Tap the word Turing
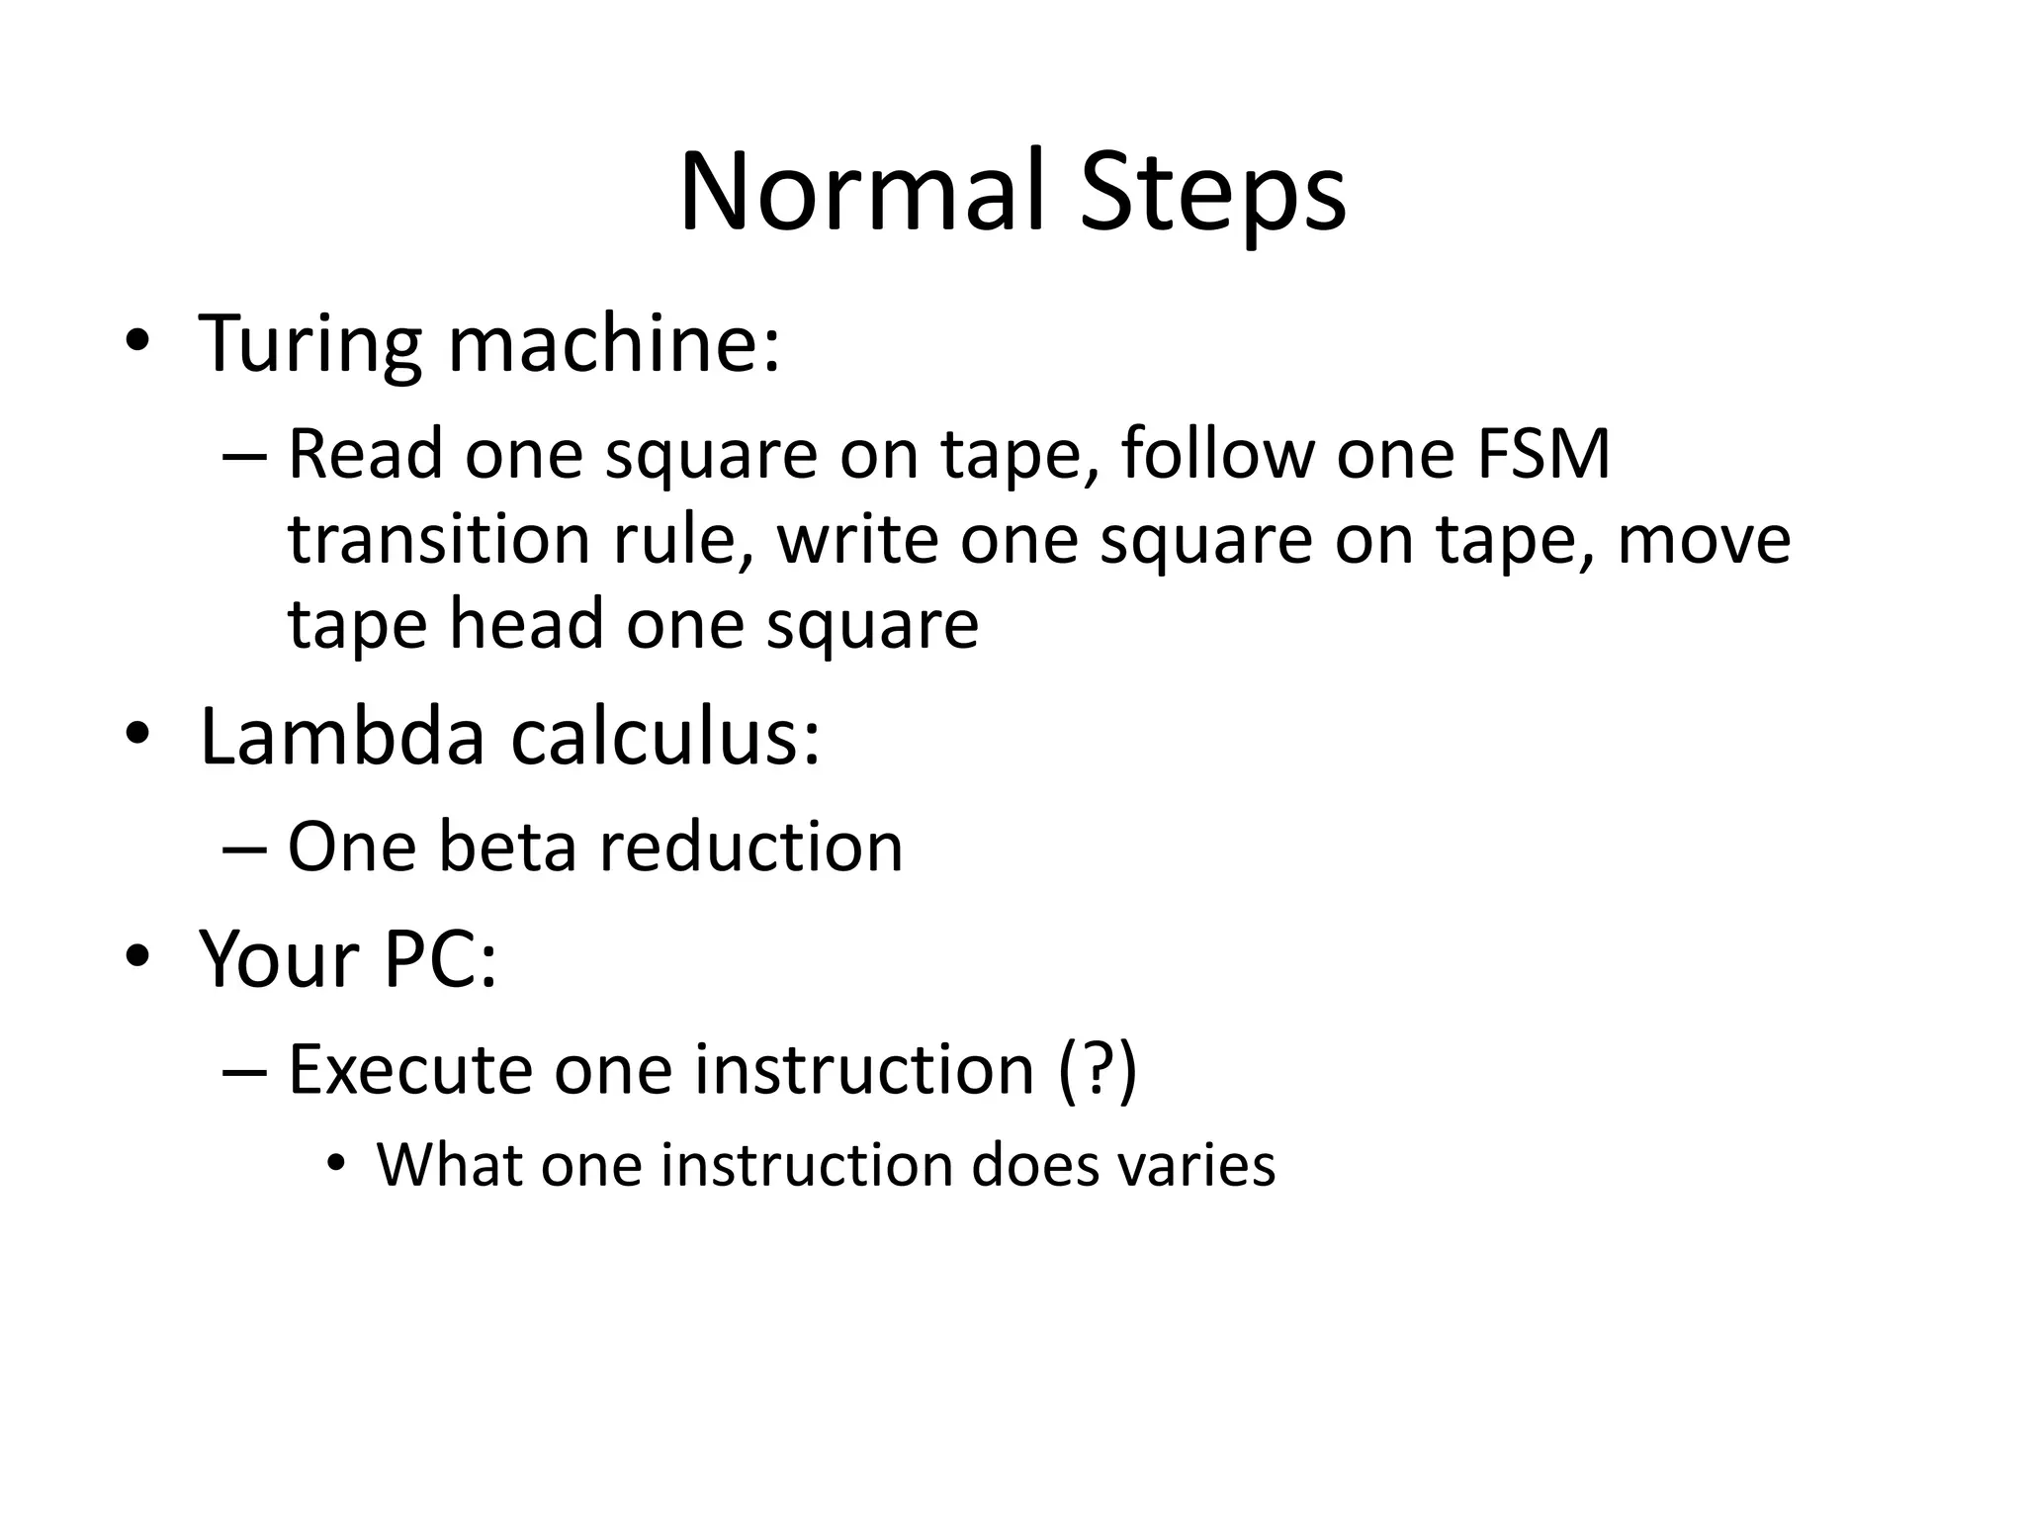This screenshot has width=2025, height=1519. click(x=310, y=343)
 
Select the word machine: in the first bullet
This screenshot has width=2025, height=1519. click(x=614, y=343)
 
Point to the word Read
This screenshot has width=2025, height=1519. click(x=365, y=454)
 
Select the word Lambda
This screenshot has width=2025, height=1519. click(x=342, y=737)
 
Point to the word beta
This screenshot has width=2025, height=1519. click(x=506, y=848)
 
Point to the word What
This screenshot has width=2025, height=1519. click(x=450, y=1165)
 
